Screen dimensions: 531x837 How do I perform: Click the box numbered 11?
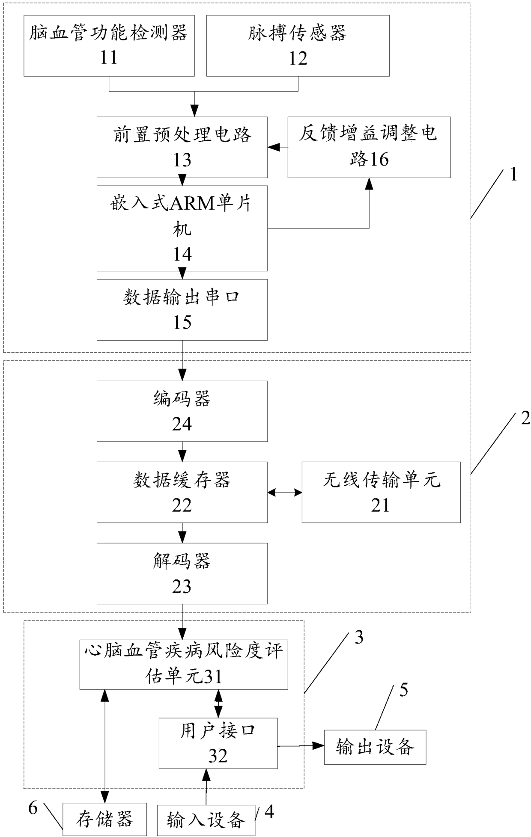(109, 46)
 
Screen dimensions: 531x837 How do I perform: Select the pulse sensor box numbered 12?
(298, 46)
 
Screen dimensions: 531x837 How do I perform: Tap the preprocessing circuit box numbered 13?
(182, 147)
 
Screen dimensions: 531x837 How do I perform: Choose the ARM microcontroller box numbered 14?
(182, 228)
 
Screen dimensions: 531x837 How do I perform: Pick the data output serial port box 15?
(182, 310)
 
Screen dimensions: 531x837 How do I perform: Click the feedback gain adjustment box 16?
(369, 147)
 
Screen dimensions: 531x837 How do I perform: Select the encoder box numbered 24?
(182, 411)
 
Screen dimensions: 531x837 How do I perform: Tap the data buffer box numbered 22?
(182, 492)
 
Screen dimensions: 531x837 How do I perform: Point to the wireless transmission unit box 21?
(381, 492)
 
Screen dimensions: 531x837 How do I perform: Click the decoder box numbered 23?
(182, 573)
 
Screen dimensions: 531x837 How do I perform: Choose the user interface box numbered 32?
(218, 743)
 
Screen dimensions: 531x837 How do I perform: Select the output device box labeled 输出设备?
(375, 747)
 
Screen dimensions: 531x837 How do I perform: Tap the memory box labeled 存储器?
(105, 819)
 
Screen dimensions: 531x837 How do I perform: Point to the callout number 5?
(403, 690)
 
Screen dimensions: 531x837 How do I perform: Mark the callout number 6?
(33, 808)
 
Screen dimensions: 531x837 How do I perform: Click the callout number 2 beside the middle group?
(525, 418)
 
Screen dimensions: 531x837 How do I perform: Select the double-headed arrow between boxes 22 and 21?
(285, 493)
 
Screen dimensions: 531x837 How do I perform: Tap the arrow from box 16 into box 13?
(278, 148)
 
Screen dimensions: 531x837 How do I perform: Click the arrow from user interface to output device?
(301, 746)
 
